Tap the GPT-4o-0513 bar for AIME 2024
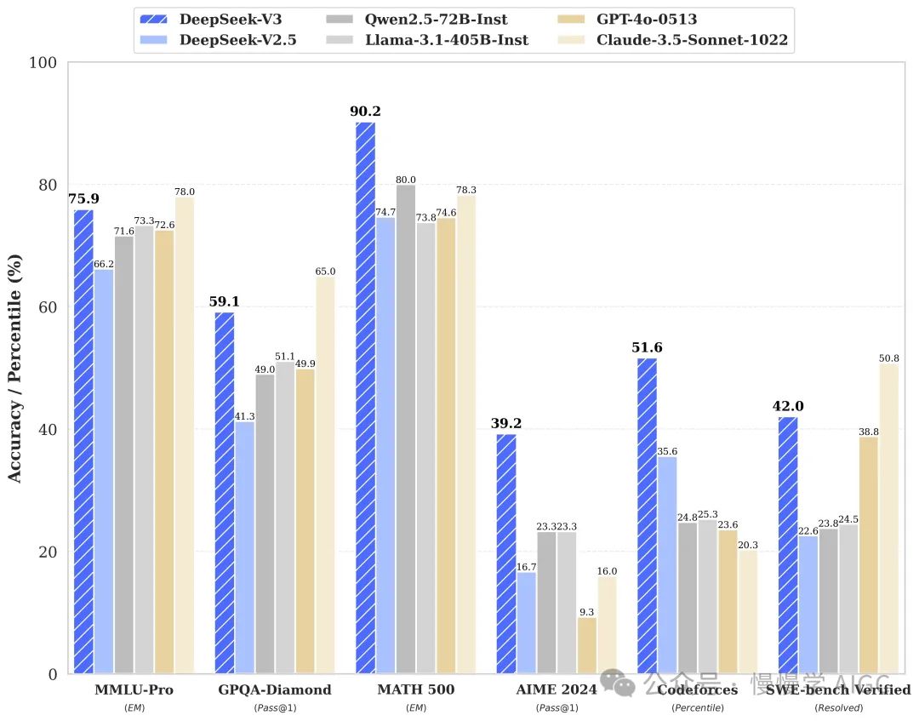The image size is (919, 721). (x=587, y=645)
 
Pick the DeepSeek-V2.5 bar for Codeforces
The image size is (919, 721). (x=668, y=565)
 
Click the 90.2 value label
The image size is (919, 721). (x=365, y=112)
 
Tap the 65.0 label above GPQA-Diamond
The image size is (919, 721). (x=325, y=272)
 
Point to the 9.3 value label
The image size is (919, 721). (x=587, y=611)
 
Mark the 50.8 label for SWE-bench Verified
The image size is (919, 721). (x=889, y=358)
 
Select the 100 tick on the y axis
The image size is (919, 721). (x=43, y=63)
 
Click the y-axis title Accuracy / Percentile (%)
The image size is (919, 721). (x=15, y=368)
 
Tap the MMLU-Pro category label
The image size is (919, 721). (x=134, y=690)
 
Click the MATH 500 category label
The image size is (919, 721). (x=415, y=690)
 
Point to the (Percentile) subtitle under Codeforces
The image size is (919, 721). (x=697, y=707)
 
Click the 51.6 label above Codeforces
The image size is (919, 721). (x=647, y=348)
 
